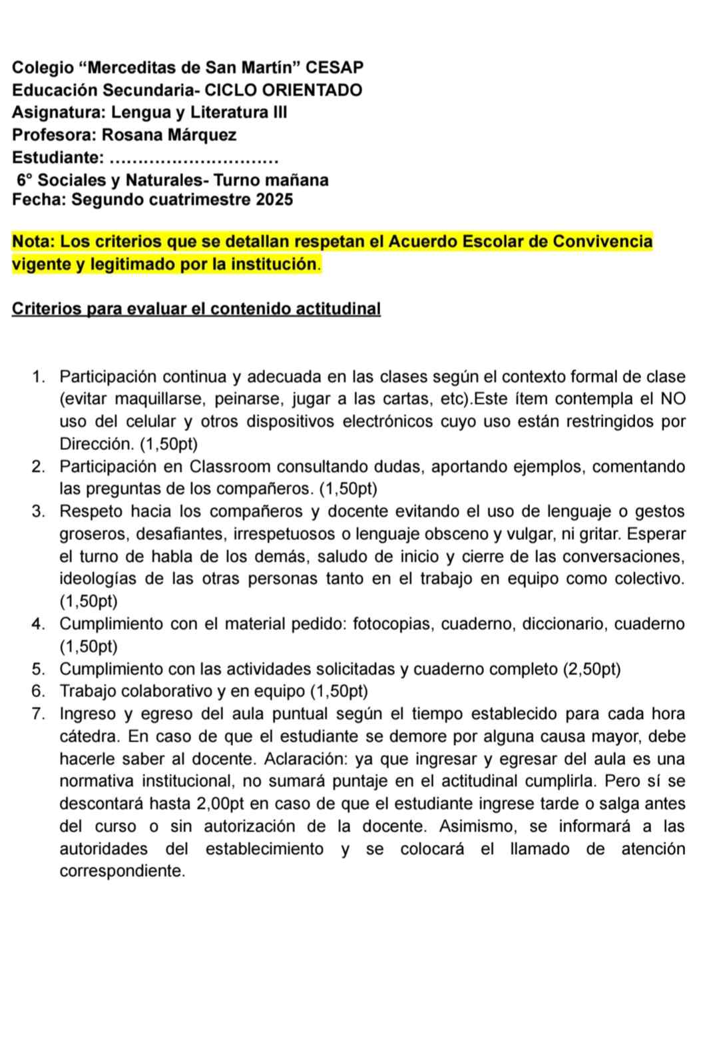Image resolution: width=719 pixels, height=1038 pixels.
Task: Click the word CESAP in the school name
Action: coord(338,67)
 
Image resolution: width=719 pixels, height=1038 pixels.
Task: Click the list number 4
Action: coord(38,624)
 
